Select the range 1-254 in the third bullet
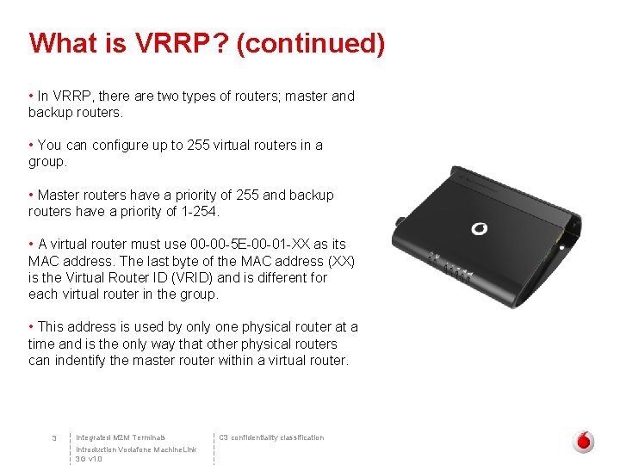point(203,212)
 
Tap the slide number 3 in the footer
point(53,439)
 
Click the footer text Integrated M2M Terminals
point(121,437)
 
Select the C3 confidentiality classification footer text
point(272,437)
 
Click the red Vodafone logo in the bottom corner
point(584,441)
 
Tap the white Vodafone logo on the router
point(479,229)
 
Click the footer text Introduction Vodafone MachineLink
point(136,449)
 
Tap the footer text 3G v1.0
point(89,460)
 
